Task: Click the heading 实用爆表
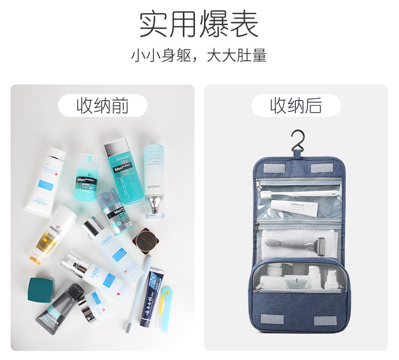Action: [198, 24]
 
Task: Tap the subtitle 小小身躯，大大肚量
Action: [198, 55]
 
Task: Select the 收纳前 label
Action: [103, 106]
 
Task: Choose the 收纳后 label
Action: [296, 106]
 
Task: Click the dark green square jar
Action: [41, 288]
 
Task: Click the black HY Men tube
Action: [60, 304]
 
